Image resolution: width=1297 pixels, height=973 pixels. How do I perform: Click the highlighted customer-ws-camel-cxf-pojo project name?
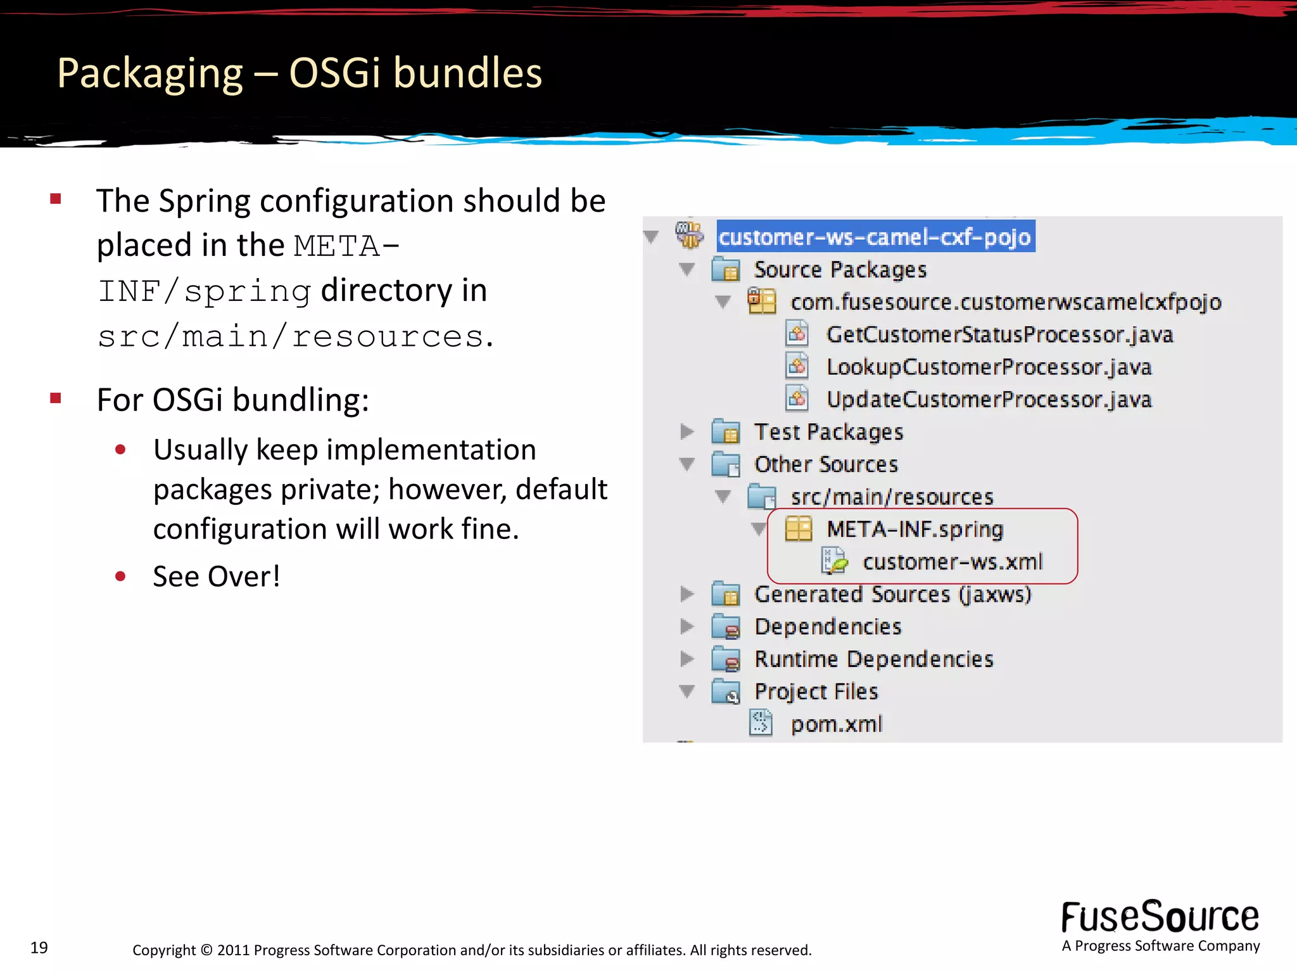(875, 237)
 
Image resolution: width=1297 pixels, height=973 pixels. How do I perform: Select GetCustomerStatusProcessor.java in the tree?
(999, 334)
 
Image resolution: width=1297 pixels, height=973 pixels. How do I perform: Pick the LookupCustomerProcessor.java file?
(989, 367)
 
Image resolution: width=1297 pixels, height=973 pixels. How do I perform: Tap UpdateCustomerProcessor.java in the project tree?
(989, 400)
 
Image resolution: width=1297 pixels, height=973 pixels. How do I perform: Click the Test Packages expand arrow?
(686, 432)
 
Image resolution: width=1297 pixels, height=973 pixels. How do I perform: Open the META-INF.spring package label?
(914, 529)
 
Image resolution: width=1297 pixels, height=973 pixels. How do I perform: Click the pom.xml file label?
(836, 724)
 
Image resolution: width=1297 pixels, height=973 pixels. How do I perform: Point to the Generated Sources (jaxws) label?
(892, 594)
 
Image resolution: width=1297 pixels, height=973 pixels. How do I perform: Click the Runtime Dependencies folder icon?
(726, 659)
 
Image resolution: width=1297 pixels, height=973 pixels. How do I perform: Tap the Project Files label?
(816, 692)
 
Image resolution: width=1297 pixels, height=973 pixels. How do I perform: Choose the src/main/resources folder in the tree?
(892, 497)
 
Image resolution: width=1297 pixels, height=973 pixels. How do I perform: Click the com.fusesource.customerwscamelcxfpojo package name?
(1005, 302)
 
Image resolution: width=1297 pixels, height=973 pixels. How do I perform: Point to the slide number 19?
(39, 948)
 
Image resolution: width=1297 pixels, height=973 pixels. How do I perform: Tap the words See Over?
(217, 576)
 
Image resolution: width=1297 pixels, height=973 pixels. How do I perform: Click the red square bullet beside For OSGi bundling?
(56, 398)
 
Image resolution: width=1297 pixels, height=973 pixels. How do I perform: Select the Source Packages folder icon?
(726, 270)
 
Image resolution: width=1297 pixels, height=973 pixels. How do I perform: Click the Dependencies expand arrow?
(686, 626)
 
